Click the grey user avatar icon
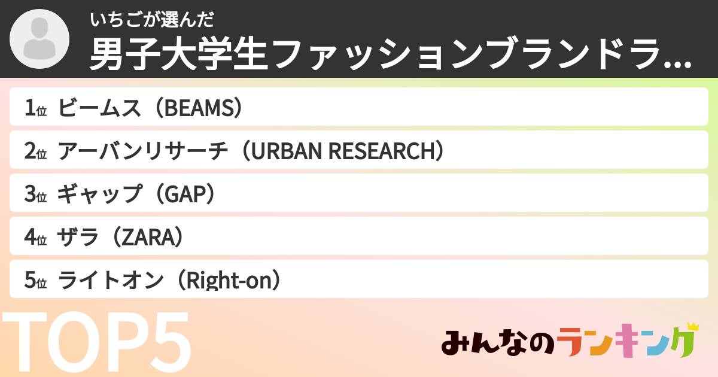(x=39, y=39)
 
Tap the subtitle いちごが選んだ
(x=151, y=20)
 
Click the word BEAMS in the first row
(x=199, y=108)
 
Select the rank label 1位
(x=35, y=108)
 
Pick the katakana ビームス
(x=99, y=108)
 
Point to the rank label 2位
(x=35, y=151)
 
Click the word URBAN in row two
(x=287, y=151)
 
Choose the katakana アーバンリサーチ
(x=142, y=151)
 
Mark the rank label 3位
(x=35, y=194)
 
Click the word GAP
(x=185, y=194)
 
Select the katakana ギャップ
(x=99, y=194)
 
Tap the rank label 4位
(x=35, y=237)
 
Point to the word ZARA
(x=148, y=238)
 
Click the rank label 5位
(x=35, y=280)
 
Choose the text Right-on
(x=229, y=280)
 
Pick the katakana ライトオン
(x=111, y=280)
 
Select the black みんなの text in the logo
(x=498, y=342)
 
